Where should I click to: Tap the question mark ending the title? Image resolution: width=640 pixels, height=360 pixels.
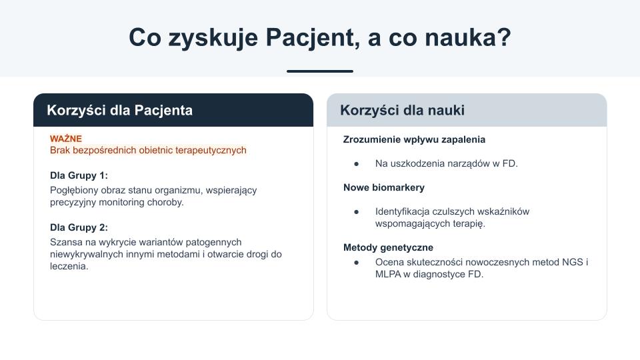(x=505, y=37)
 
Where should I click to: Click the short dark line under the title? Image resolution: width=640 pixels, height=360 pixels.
(x=320, y=71)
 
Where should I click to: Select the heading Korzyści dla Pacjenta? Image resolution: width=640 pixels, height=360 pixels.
(x=119, y=110)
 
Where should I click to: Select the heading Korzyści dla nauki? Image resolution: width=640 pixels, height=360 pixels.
(x=402, y=110)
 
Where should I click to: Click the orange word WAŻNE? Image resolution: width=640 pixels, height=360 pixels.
(x=66, y=139)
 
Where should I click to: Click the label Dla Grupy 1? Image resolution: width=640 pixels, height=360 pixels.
(x=79, y=175)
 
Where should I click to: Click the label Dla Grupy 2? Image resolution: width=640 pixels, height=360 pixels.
(x=79, y=227)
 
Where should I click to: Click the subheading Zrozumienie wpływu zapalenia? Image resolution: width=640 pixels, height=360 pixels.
(x=414, y=139)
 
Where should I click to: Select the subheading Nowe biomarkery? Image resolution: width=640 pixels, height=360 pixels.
(x=384, y=187)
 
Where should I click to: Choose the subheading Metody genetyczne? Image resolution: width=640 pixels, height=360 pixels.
(x=388, y=247)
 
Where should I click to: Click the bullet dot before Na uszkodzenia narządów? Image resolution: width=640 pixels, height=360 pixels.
(x=356, y=164)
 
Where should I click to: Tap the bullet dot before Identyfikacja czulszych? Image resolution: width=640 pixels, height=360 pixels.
(x=356, y=212)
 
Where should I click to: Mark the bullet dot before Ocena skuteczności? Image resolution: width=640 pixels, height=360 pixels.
(x=356, y=263)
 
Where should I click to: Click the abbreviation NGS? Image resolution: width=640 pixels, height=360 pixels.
(x=572, y=262)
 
